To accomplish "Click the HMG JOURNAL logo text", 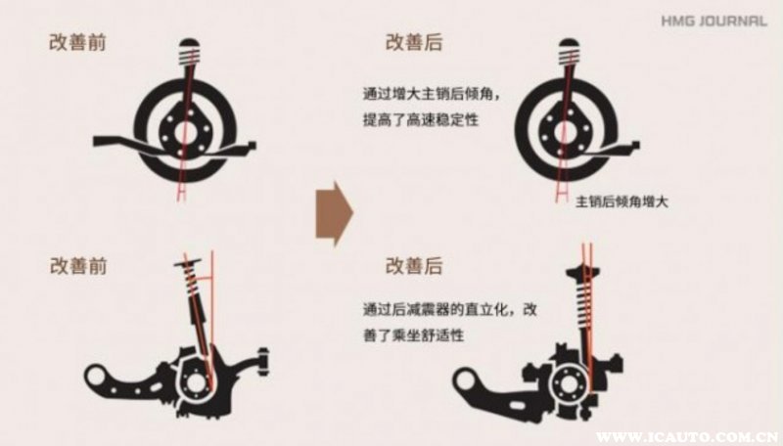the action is [714, 21].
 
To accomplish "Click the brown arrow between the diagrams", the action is [335, 213].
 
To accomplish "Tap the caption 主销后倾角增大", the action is [622, 202].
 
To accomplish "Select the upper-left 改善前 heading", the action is [78, 42].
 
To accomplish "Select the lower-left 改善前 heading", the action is [78, 266].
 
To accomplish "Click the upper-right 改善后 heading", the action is [414, 42].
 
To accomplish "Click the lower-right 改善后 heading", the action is [414, 266].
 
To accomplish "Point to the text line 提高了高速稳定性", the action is [421, 120].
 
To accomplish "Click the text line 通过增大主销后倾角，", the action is [431, 94].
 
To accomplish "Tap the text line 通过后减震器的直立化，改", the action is [450, 309].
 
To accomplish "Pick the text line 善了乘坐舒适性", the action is [413, 335].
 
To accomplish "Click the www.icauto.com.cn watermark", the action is [689, 437].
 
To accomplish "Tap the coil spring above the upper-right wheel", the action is [569, 57].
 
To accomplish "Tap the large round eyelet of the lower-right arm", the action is [466, 381].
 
